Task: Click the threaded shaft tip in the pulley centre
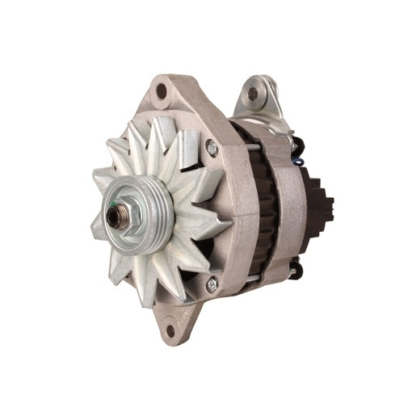[x=113, y=216]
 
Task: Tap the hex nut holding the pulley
[x=119, y=216]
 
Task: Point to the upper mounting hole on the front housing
[x=162, y=91]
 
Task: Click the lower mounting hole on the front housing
[x=170, y=329]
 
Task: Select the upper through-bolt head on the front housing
[x=212, y=148]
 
